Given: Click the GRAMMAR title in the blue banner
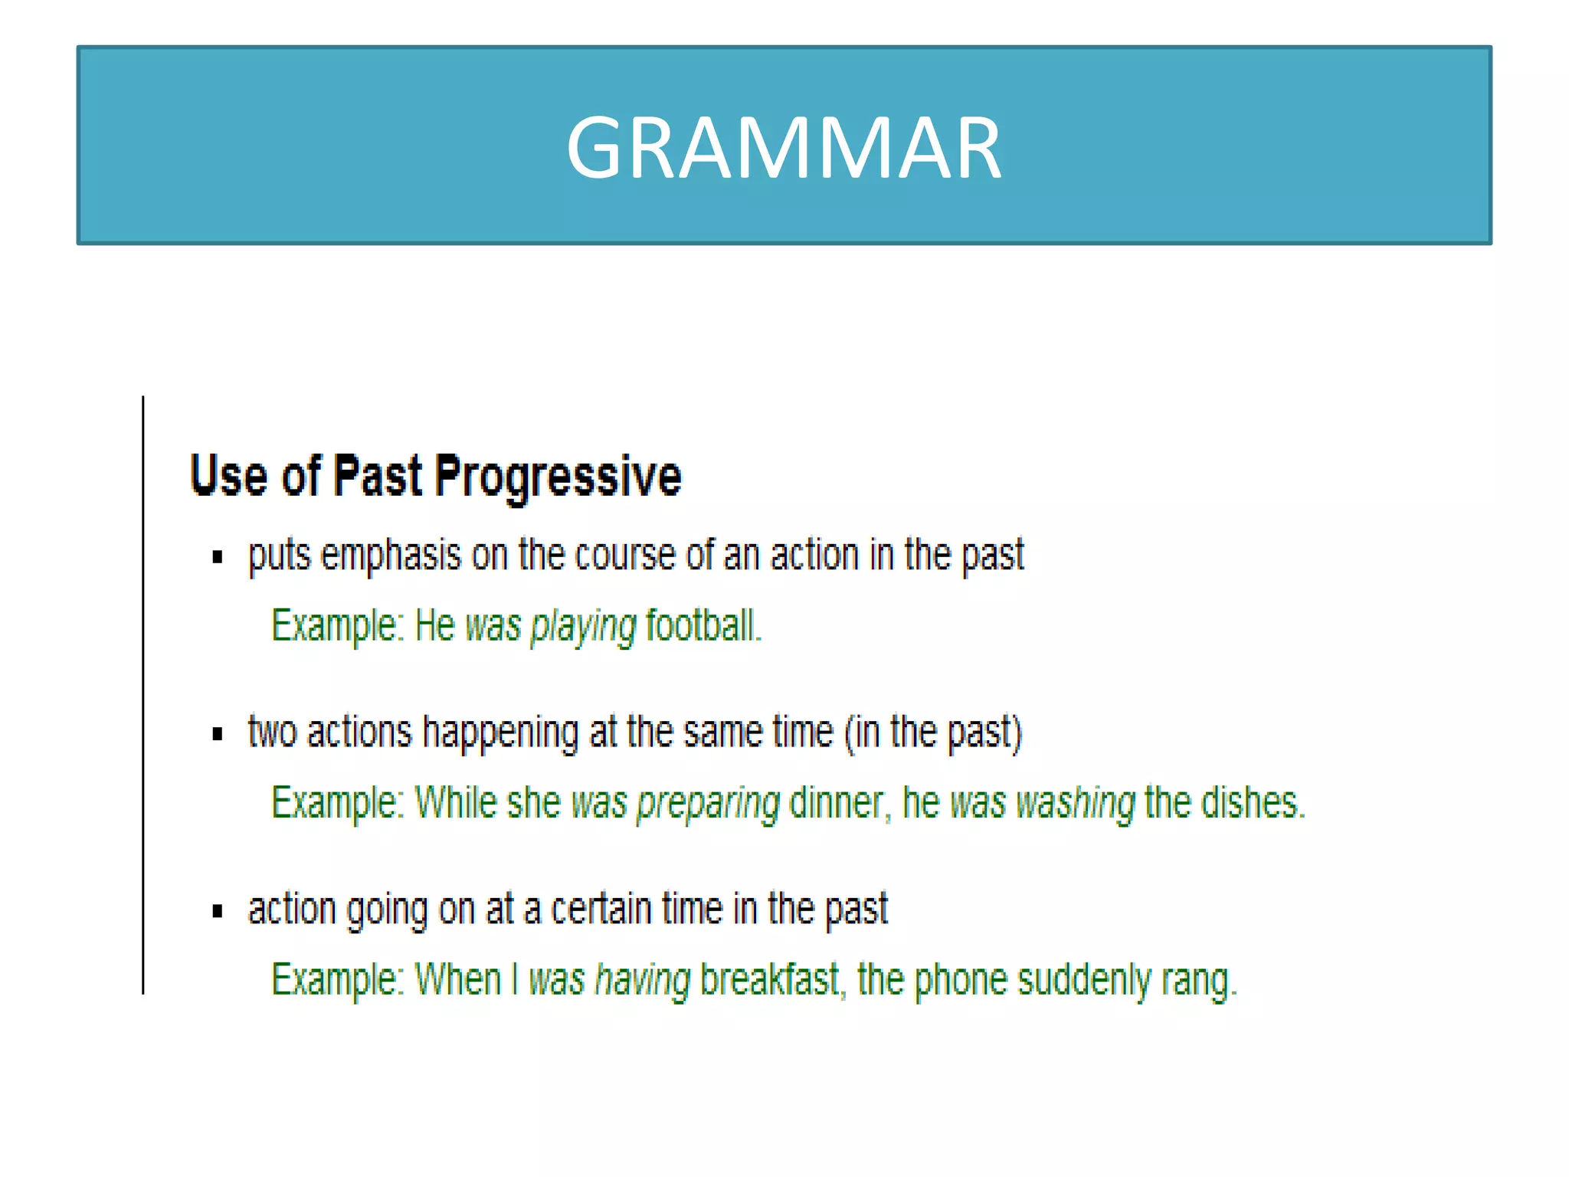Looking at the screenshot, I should point(784,147).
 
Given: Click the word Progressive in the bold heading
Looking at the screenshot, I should point(558,477).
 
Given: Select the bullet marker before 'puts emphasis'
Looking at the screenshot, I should point(218,557).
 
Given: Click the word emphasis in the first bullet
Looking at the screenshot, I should point(391,556).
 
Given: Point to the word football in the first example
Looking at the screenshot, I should point(702,625).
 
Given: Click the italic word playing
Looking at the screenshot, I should point(583,627).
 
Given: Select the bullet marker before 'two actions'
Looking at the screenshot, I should point(218,734).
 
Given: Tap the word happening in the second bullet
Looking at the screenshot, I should point(500,733).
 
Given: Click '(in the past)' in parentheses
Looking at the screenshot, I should point(933,733).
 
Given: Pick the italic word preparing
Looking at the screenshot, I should point(708,804).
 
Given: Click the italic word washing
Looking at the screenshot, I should point(1075,804).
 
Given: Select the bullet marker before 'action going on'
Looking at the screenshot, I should point(218,911).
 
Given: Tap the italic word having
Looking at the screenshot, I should point(643,980).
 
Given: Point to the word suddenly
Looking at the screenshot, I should point(1083,980).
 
